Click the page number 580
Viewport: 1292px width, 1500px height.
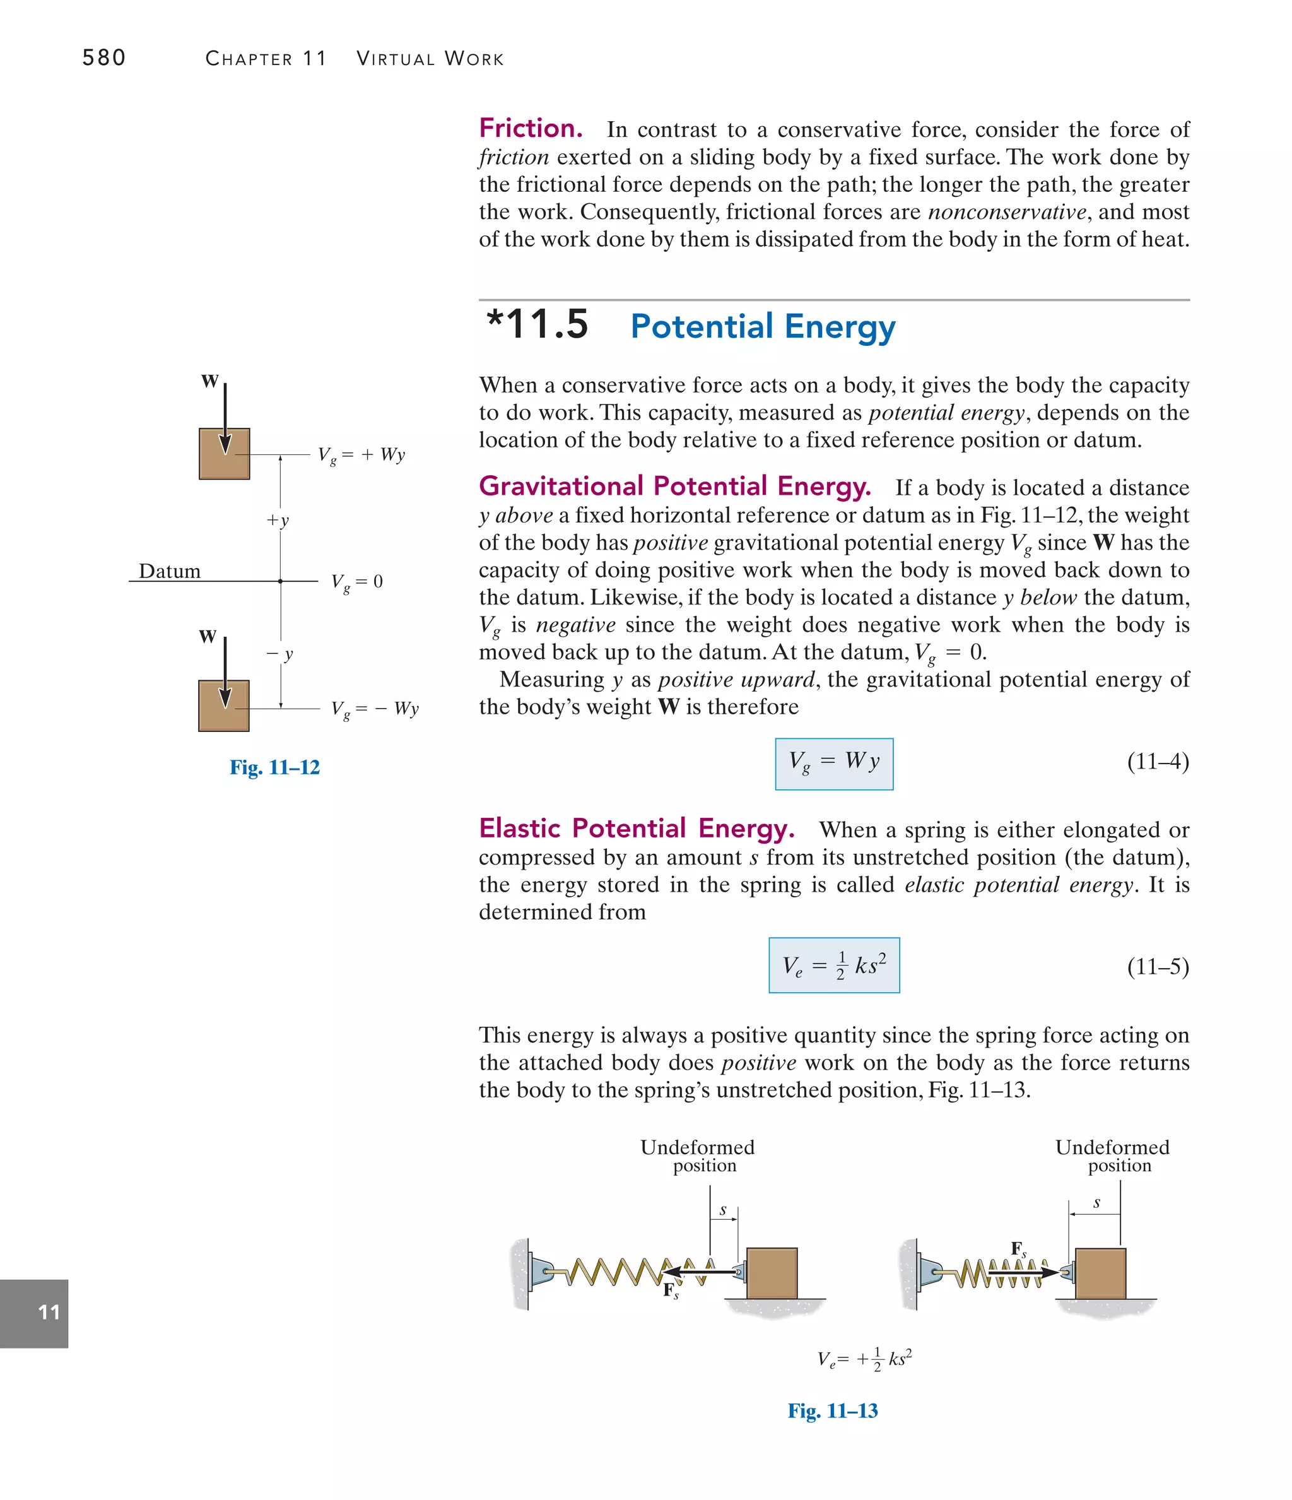pos(103,57)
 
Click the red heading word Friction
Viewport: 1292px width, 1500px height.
pos(531,128)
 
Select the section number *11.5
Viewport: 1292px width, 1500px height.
pos(537,324)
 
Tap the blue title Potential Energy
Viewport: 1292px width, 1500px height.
pos(762,326)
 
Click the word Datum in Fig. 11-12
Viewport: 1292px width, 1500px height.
pos(169,571)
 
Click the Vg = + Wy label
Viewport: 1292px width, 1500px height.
pos(361,456)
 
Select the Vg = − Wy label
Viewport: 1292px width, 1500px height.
pos(374,709)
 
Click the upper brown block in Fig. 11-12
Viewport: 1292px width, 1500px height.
pos(225,454)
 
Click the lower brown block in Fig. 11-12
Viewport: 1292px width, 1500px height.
pos(224,706)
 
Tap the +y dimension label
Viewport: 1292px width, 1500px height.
pos(277,520)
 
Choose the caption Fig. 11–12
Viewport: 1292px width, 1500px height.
pos(274,767)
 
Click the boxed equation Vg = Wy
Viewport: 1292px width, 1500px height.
pos(834,763)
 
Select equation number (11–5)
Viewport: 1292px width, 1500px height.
pos(1158,967)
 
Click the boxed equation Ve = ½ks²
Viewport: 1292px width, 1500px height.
pos(834,966)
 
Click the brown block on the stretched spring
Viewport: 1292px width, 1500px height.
pos(772,1273)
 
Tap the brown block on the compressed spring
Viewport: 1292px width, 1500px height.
pos(1100,1273)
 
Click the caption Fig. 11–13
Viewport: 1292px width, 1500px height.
pos(832,1410)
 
